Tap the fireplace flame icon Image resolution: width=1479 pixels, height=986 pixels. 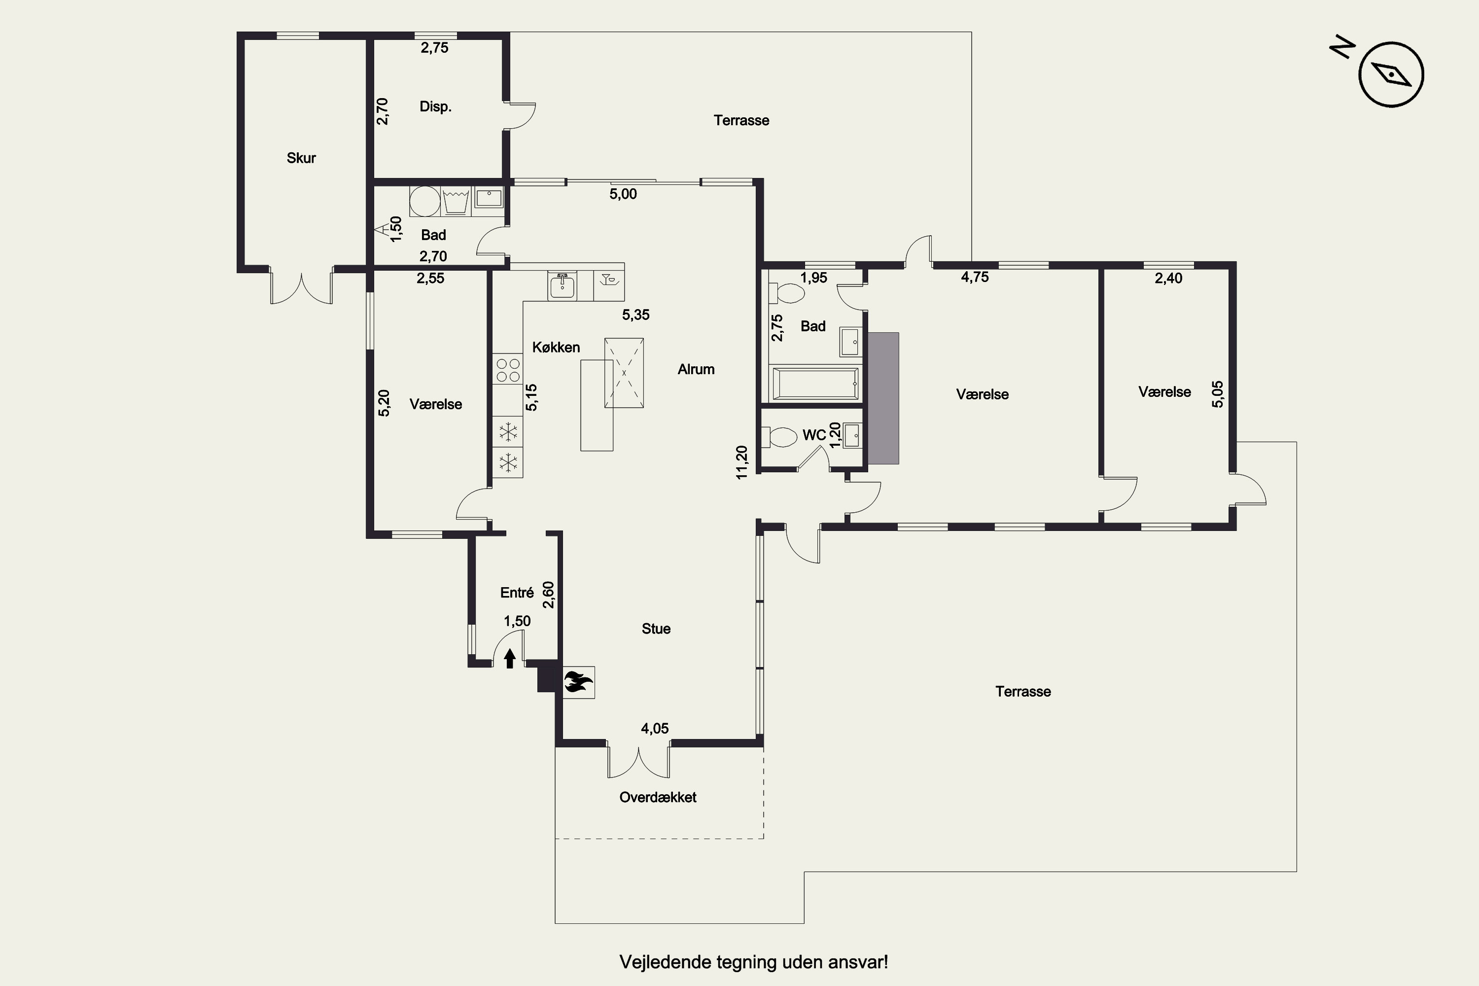(x=578, y=682)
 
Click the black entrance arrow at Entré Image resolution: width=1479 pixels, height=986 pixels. (x=510, y=658)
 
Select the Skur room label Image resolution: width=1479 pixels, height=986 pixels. (x=301, y=158)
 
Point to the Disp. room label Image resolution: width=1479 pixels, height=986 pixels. (x=436, y=106)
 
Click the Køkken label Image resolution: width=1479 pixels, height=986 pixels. (x=556, y=347)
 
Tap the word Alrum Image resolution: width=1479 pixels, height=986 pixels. (x=696, y=369)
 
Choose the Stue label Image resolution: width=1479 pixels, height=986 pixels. (x=656, y=629)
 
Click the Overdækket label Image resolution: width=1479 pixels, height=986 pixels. (x=658, y=797)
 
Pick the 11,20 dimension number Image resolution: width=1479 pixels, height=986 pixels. (x=742, y=462)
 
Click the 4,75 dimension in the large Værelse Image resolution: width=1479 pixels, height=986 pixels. (x=975, y=277)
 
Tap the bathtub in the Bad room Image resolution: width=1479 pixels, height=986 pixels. (x=814, y=383)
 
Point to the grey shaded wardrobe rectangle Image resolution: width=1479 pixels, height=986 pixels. (x=883, y=398)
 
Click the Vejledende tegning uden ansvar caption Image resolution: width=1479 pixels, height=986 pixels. (x=753, y=962)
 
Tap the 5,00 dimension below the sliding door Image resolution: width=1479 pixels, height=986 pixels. (x=623, y=194)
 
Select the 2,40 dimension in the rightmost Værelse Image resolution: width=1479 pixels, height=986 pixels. (x=1168, y=278)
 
